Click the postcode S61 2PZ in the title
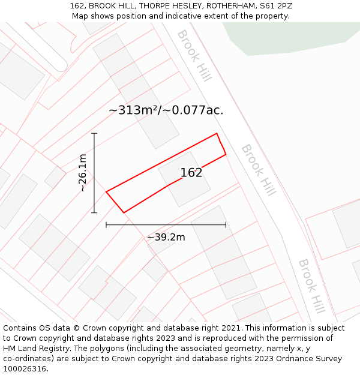tap(275, 6)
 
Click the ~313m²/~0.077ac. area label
tap(166, 110)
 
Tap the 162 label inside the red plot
tap(191, 173)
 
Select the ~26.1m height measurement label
tap(83, 173)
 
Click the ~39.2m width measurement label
tap(166, 237)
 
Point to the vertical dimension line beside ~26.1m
tap(94, 173)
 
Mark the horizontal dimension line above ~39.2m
tap(166, 225)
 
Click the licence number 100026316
tap(25, 369)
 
